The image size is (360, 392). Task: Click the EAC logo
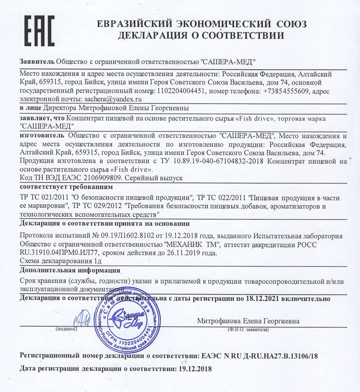tap(39, 31)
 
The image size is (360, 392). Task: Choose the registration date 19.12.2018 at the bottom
tap(193, 368)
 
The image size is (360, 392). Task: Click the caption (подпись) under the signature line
tap(66, 328)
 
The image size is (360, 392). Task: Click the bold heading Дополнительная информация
tap(70, 270)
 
